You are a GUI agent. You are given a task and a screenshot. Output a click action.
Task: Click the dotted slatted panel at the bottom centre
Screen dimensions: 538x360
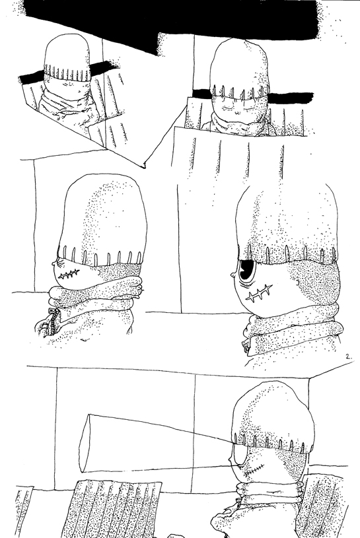point(116,508)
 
